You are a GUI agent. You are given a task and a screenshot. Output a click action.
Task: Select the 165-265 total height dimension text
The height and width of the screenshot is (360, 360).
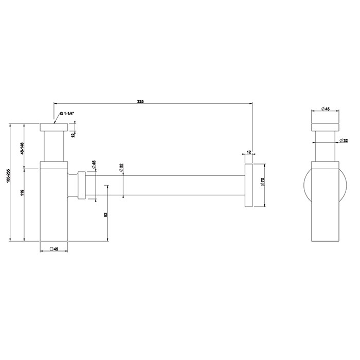(7, 182)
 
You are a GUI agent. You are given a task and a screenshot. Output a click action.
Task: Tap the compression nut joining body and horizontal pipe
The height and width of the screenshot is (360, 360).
(81, 184)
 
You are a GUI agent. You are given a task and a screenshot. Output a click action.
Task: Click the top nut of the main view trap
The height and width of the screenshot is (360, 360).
(53, 127)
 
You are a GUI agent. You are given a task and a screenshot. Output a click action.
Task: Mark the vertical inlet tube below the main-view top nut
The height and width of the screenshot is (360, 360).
(53, 147)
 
